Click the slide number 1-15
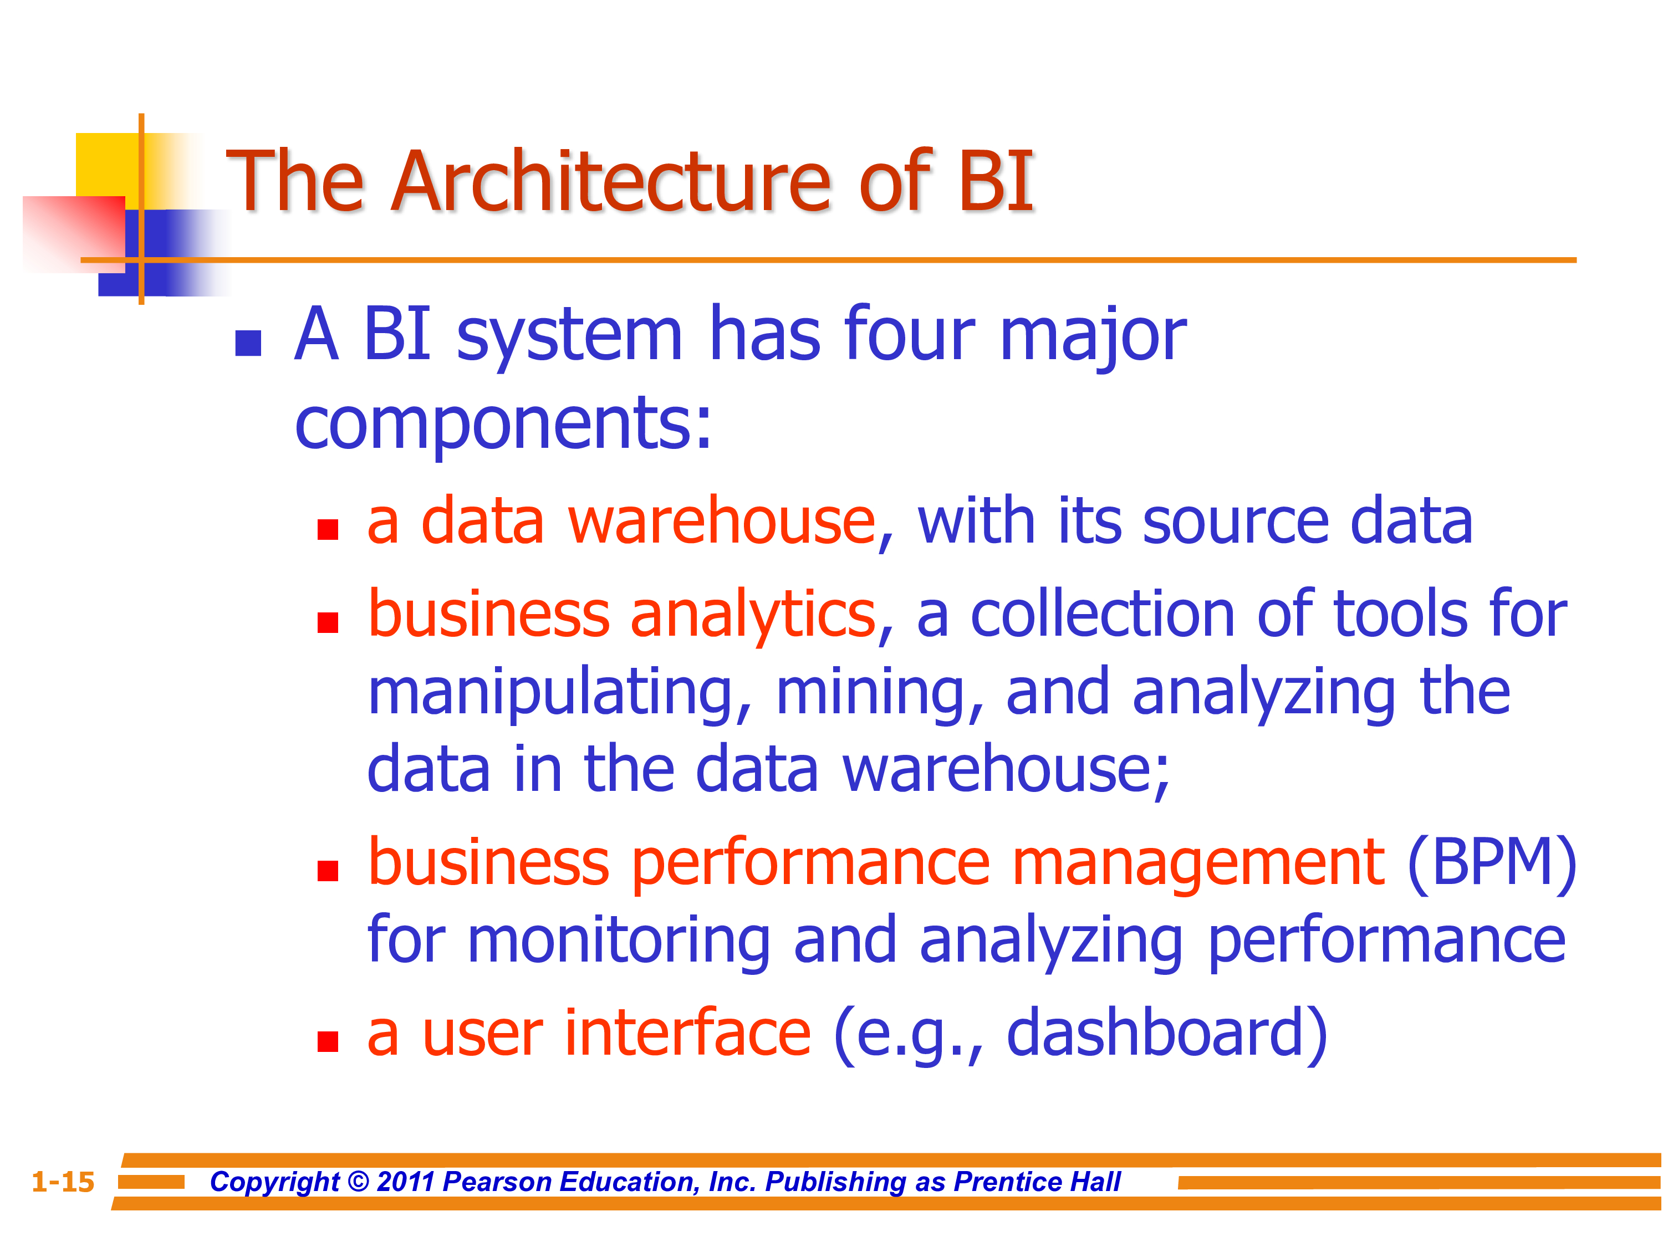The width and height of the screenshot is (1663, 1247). pos(63,1182)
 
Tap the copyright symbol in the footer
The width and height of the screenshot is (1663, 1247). pos(359,1182)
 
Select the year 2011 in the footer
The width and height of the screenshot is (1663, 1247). pos(406,1182)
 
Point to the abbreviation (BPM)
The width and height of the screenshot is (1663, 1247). pos(1492,863)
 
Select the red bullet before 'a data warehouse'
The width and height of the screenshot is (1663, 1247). pos(328,530)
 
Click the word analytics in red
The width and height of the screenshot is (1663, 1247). pos(754,616)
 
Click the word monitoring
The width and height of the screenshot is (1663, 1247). pos(619,943)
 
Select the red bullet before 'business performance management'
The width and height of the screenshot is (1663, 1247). pos(328,871)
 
